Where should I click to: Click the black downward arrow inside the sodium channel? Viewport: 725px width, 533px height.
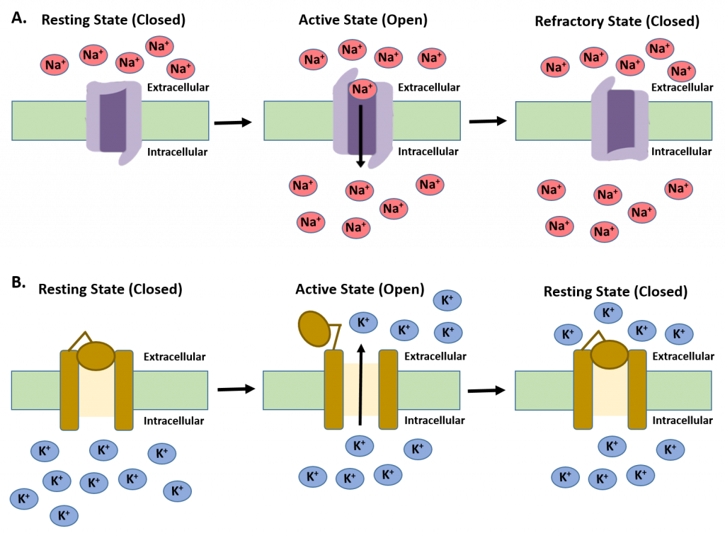361,134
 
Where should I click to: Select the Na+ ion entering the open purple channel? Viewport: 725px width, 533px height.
362,89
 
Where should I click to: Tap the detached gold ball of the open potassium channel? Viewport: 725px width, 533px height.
314,328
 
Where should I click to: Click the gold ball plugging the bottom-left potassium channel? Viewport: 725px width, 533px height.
96,355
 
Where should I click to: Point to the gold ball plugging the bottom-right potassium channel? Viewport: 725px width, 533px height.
609,354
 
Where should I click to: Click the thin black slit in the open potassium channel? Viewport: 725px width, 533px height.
361,390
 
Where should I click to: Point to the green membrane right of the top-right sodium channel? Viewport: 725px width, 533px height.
680,120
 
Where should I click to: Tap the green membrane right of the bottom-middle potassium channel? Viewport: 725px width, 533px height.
428,390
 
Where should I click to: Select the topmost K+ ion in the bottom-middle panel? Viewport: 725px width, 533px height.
447,301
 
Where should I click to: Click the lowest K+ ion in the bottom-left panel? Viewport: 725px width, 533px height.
63,515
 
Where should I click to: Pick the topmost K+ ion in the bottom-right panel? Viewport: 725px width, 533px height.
607,312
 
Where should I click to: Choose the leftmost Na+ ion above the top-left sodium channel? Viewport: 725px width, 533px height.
55,65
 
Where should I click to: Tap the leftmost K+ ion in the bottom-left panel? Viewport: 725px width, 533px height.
23,498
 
